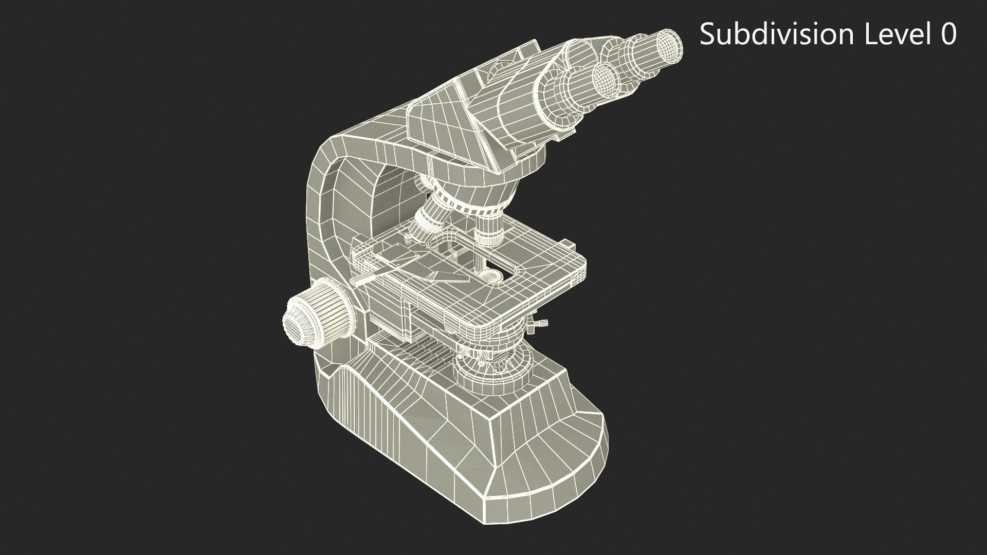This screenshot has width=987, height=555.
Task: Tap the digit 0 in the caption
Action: coord(947,35)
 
